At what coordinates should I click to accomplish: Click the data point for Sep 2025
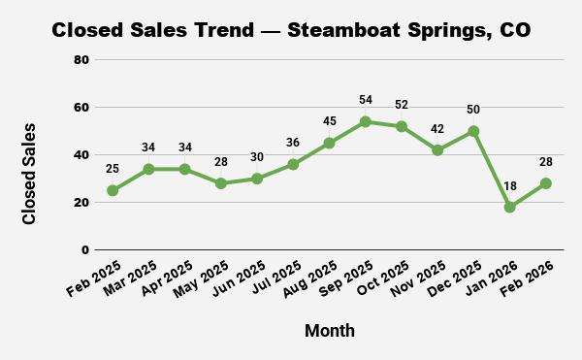click(x=365, y=121)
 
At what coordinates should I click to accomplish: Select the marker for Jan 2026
click(x=509, y=207)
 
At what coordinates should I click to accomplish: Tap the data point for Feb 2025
click(x=113, y=190)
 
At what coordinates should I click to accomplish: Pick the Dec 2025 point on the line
click(x=473, y=131)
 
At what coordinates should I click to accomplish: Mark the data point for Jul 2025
click(x=293, y=164)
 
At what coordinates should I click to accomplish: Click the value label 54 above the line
click(x=365, y=101)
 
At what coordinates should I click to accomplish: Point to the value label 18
click(x=509, y=186)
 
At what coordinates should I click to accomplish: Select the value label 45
click(x=329, y=121)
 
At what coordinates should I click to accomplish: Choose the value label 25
click(x=113, y=170)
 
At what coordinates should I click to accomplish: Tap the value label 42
click(x=437, y=129)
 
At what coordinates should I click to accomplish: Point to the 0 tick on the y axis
click(x=85, y=250)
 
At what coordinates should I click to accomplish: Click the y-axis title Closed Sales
click(x=29, y=174)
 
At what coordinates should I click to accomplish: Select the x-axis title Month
click(x=330, y=331)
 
